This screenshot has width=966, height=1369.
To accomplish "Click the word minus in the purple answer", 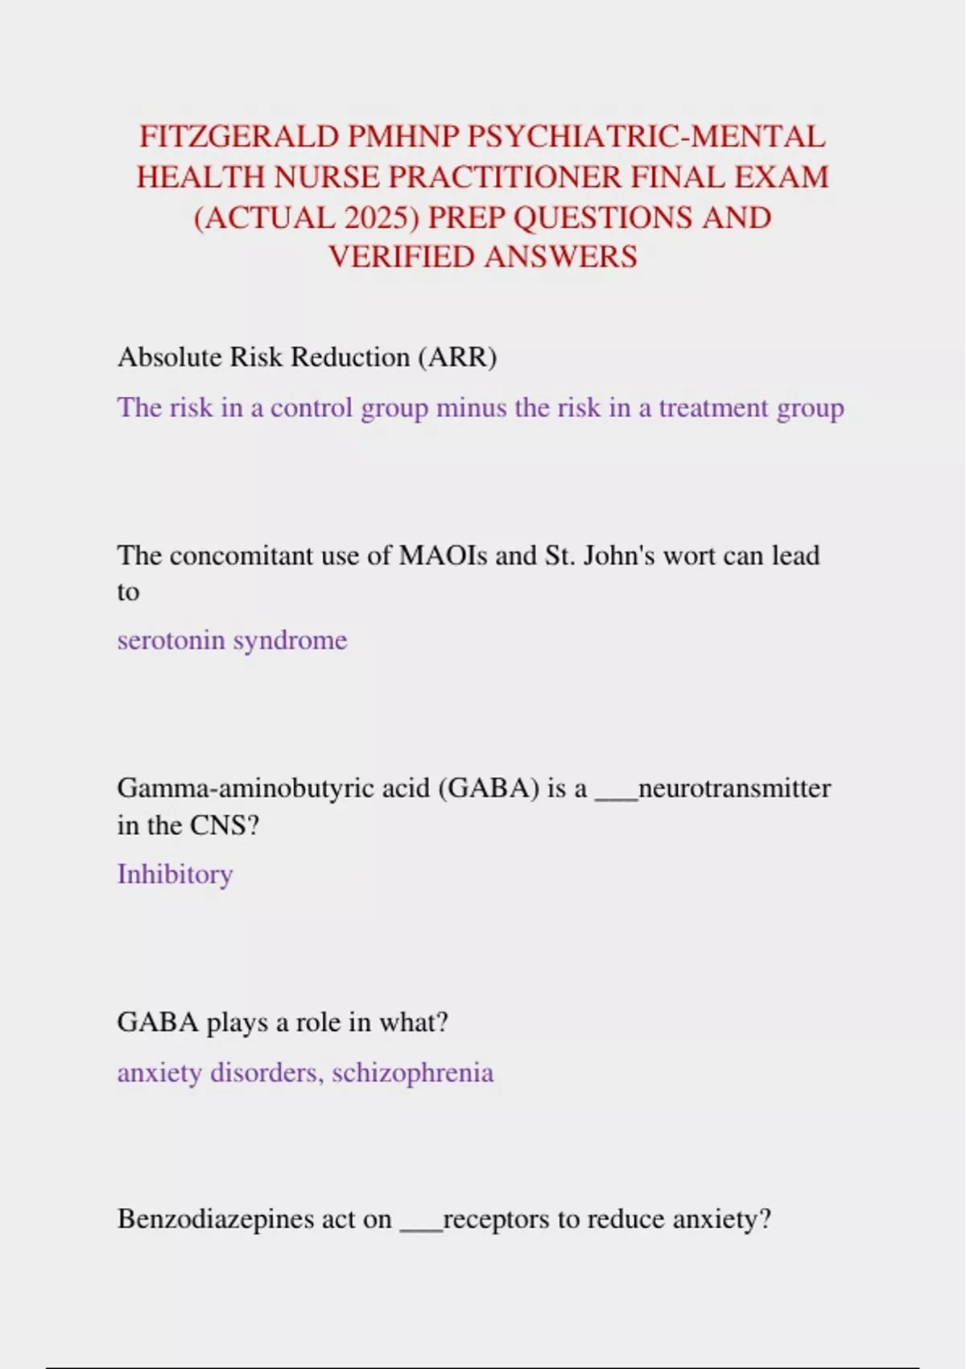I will pyautogui.click(x=472, y=407).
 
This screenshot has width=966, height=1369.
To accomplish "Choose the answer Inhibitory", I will pyautogui.click(x=175, y=874).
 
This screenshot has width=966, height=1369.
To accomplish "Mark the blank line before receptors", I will pyautogui.click(x=421, y=1227).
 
